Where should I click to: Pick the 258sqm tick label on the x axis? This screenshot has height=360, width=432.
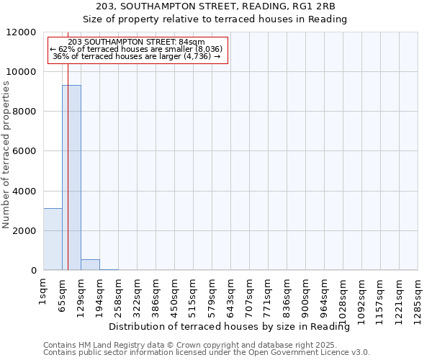pos(119,292)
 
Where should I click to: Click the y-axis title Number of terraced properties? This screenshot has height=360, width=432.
pos(6,155)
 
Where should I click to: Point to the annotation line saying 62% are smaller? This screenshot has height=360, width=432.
pos(136,49)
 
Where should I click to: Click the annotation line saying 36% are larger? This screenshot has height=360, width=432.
pos(136,56)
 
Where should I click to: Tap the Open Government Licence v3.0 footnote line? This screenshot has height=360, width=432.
pos(207,353)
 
